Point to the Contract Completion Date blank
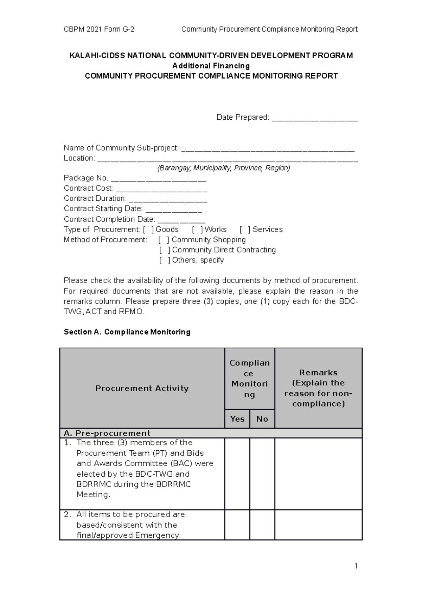point(181,220)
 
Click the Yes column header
point(237,419)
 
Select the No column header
point(262,419)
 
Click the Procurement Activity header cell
point(142,388)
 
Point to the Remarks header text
point(318,388)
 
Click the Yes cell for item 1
point(237,474)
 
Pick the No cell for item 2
point(262,525)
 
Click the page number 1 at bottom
point(356,566)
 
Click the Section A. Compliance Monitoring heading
point(127,332)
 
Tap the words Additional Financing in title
point(211,66)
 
